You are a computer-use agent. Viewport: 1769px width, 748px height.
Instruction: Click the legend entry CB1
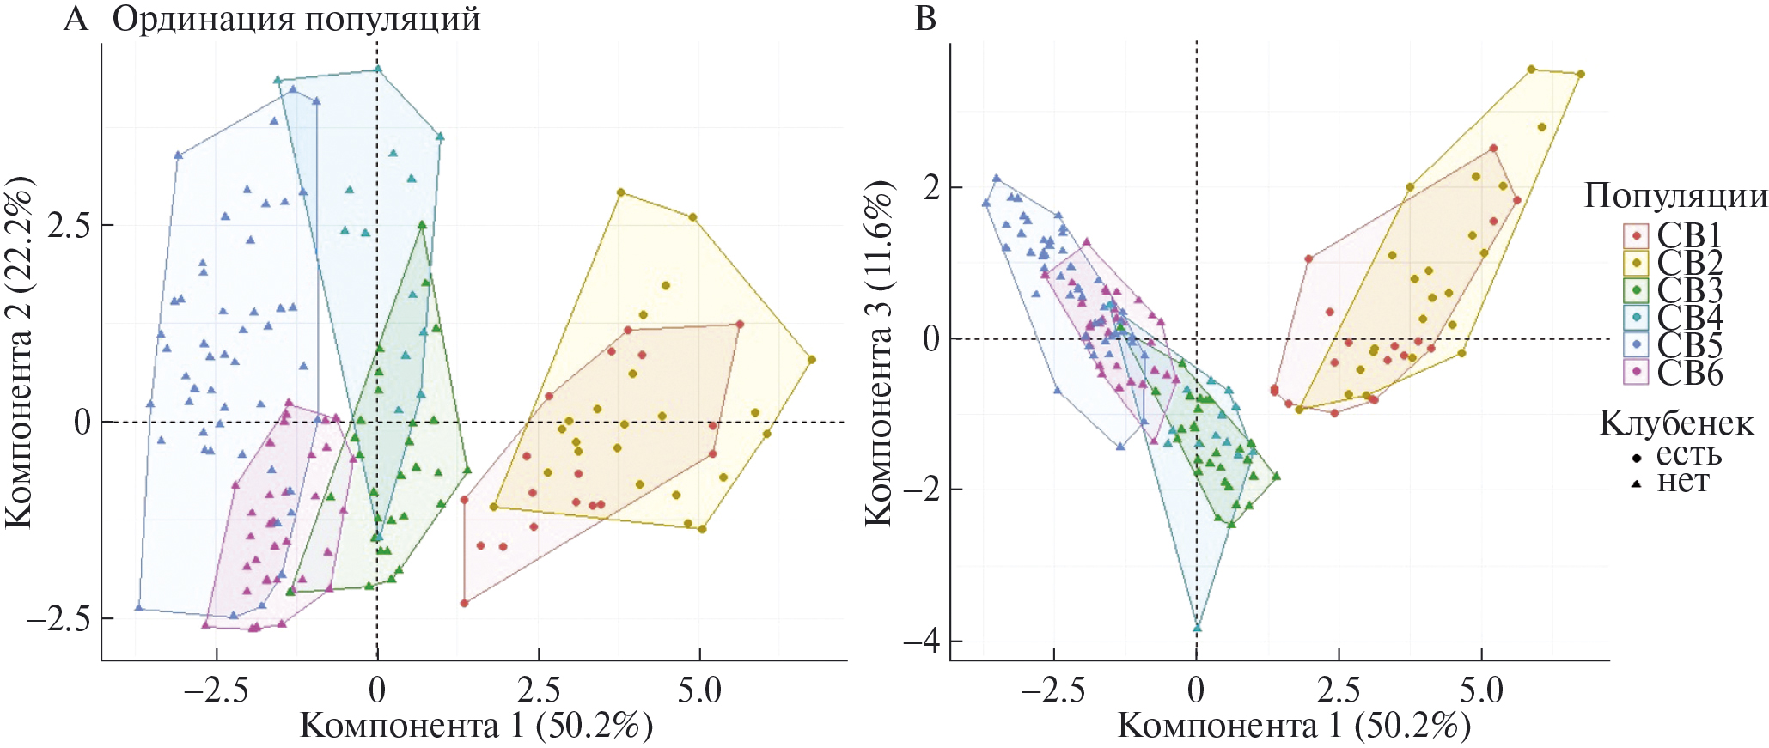(x=1689, y=235)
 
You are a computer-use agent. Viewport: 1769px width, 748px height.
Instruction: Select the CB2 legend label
(x=1689, y=263)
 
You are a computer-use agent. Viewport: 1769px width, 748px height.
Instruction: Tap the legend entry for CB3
(x=1689, y=290)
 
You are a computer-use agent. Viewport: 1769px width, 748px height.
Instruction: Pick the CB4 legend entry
(x=1689, y=318)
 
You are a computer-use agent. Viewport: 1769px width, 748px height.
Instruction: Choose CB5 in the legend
(x=1689, y=345)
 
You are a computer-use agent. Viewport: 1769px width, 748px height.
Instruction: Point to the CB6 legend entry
(x=1689, y=373)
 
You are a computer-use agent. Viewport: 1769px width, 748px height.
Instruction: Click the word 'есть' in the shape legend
(x=1688, y=454)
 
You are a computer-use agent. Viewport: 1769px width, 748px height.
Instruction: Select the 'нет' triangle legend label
(x=1682, y=482)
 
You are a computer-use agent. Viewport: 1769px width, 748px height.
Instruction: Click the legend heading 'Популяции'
(x=1675, y=196)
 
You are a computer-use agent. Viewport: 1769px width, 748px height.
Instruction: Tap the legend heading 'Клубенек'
(x=1676, y=423)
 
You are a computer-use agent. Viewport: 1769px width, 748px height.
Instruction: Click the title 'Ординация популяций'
(x=296, y=19)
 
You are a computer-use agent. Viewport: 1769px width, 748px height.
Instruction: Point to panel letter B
(x=925, y=18)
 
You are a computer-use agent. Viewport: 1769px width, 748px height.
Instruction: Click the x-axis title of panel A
(x=476, y=727)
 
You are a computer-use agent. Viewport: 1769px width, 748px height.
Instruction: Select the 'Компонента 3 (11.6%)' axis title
(x=878, y=354)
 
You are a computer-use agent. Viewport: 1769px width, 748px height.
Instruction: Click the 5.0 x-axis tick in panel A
(x=699, y=690)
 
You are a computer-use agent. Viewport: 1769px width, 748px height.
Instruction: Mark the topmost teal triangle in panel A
(x=377, y=70)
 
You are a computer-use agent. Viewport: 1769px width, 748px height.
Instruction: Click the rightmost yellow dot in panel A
(x=811, y=360)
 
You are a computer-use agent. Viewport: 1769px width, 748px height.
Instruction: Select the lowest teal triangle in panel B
(x=1197, y=628)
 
